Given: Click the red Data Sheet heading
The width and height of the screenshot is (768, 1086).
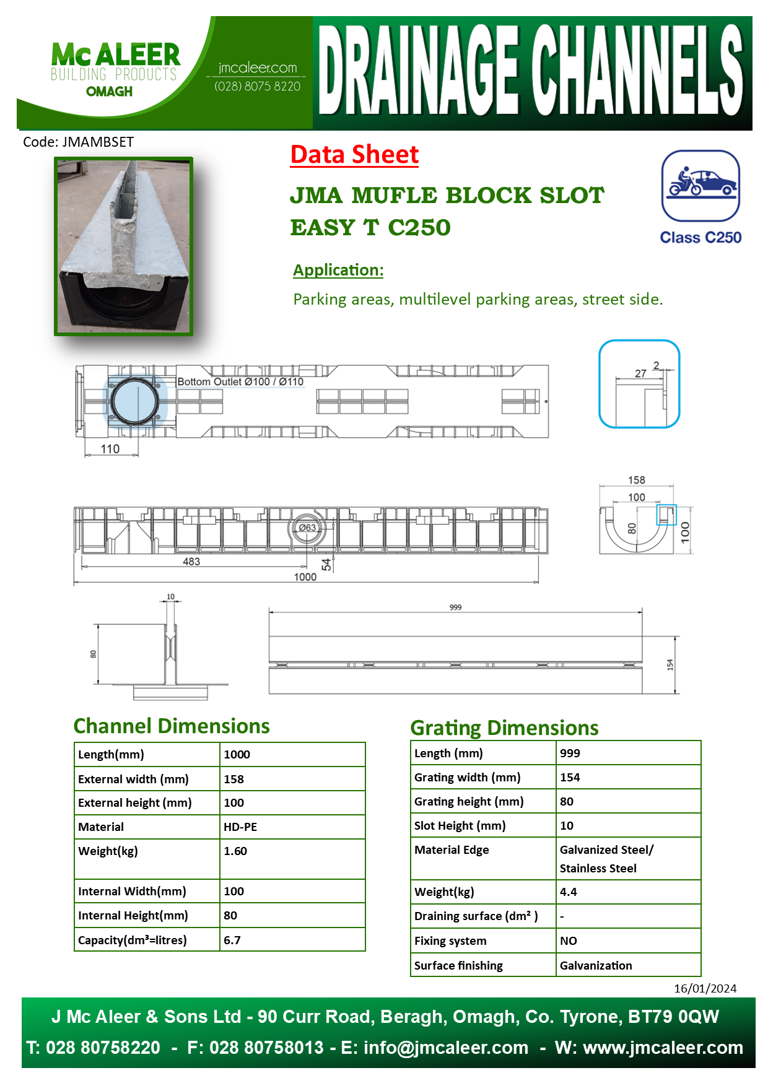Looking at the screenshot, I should [354, 155].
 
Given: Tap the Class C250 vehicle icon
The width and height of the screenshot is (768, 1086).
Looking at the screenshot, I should [700, 185].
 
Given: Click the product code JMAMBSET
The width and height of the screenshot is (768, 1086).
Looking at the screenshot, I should [78, 142].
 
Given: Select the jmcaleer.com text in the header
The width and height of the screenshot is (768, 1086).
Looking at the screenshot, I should [258, 67].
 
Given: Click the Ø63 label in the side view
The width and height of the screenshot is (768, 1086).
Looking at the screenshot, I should [307, 528].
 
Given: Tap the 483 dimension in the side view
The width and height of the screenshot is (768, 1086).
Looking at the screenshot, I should [191, 562].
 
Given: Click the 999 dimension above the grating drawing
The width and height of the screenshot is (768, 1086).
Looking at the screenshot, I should [455, 607].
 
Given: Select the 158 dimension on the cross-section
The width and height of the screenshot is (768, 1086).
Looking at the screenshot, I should [636, 480].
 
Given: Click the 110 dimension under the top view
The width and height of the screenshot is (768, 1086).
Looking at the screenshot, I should [110, 449].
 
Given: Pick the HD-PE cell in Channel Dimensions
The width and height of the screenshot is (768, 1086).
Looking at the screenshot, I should [240, 827].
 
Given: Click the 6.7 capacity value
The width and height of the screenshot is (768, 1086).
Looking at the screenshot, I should [232, 940].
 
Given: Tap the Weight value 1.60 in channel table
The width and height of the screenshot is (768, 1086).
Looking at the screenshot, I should [235, 851].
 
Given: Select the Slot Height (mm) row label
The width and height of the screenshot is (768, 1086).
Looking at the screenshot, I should [460, 825].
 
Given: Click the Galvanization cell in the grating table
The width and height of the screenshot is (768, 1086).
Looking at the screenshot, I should [596, 965].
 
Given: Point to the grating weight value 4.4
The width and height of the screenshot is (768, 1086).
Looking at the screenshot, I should [568, 892].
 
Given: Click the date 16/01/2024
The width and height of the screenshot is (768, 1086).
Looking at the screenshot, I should [705, 988].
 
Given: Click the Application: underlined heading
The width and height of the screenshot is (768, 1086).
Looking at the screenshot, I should [338, 270].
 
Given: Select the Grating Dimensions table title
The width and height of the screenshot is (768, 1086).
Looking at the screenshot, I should [504, 728].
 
